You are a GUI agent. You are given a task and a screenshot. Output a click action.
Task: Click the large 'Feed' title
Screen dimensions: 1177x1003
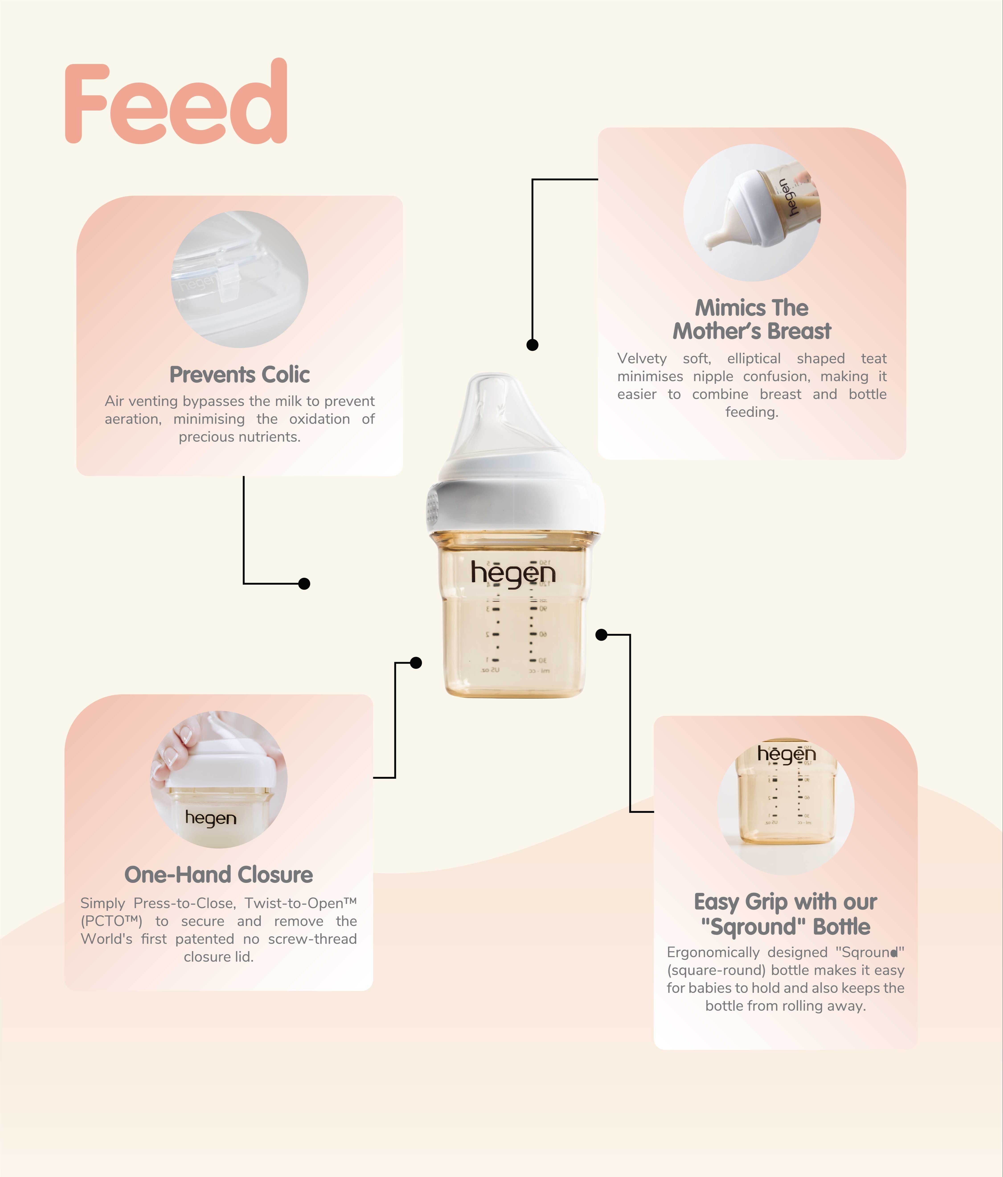point(176,102)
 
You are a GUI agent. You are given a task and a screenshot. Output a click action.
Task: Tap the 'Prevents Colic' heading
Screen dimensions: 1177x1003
point(240,375)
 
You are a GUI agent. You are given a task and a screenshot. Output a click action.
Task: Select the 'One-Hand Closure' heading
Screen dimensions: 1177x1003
point(219,875)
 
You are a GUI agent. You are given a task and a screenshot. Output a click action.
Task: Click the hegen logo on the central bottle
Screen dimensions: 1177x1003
point(513,574)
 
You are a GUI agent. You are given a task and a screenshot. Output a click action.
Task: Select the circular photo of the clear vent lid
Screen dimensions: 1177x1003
point(240,279)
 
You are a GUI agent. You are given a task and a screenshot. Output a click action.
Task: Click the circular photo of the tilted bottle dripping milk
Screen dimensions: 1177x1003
point(752,213)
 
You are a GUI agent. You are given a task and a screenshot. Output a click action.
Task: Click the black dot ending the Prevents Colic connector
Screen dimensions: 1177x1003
point(304,583)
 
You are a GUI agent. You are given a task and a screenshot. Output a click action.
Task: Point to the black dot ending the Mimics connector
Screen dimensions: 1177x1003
point(532,345)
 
